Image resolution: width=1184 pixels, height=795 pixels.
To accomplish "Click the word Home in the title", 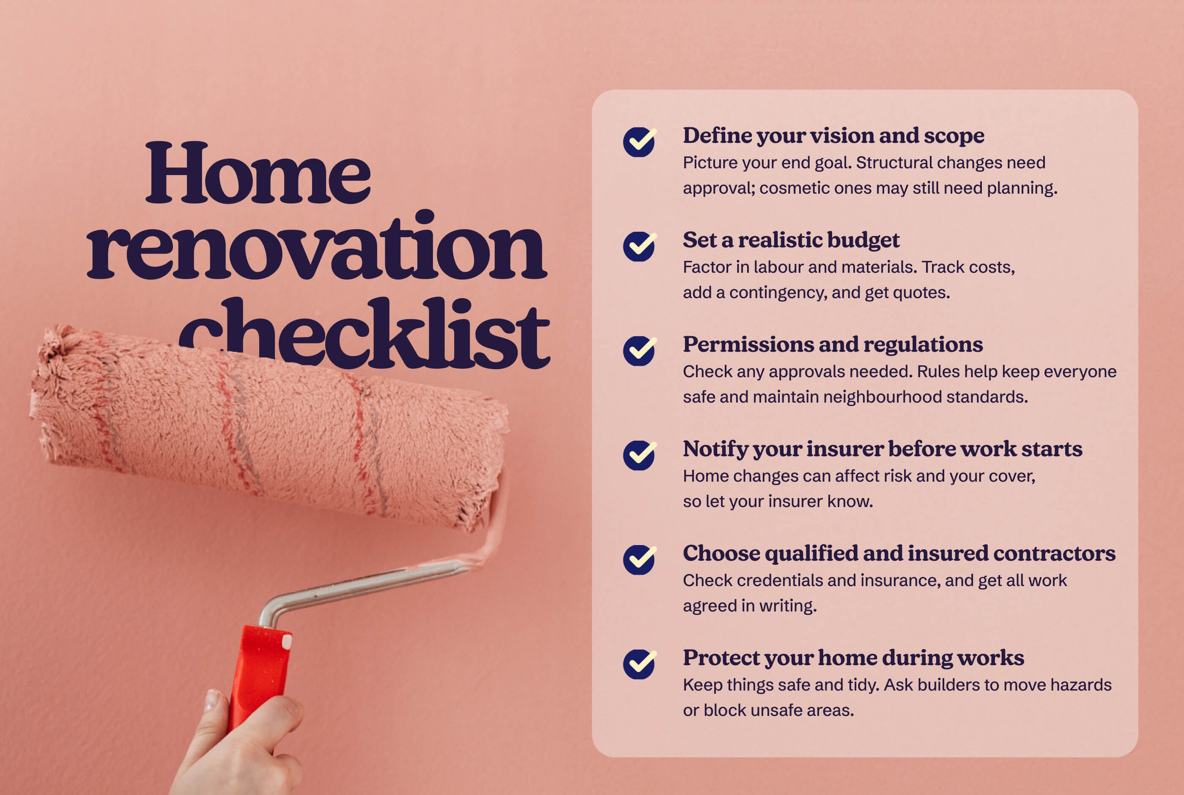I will click(x=258, y=174).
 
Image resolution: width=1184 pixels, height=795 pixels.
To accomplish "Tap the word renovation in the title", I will click(x=316, y=247).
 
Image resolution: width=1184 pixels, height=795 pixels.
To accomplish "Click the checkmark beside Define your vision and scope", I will click(x=639, y=142).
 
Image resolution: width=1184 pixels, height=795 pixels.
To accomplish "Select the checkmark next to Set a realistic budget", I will click(x=639, y=247).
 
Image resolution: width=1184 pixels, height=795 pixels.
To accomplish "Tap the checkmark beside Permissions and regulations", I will click(x=639, y=351).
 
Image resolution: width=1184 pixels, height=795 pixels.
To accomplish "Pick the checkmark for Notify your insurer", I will click(x=639, y=455).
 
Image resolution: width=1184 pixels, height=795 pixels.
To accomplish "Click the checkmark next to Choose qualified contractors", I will click(x=639, y=560).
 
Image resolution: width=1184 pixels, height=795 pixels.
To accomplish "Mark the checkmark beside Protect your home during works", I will click(x=639, y=664).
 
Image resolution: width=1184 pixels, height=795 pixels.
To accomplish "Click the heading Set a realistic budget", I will click(x=791, y=240).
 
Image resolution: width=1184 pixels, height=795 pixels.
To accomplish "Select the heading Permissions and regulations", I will click(x=832, y=345).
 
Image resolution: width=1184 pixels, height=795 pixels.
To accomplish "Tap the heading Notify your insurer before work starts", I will click(x=882, y=449).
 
